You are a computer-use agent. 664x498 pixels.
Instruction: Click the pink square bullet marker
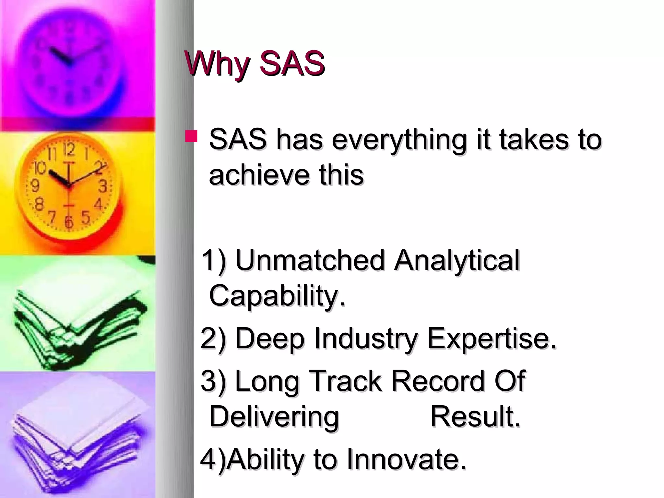click(x=191, y=136)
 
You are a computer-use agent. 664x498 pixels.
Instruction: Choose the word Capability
click(x=277, y=296)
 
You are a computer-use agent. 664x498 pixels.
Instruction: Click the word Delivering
click(x=274, y=417)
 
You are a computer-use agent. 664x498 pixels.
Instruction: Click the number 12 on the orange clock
click(x=69, y=150)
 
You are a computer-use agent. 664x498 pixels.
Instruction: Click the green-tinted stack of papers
click(x=78, y=327)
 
